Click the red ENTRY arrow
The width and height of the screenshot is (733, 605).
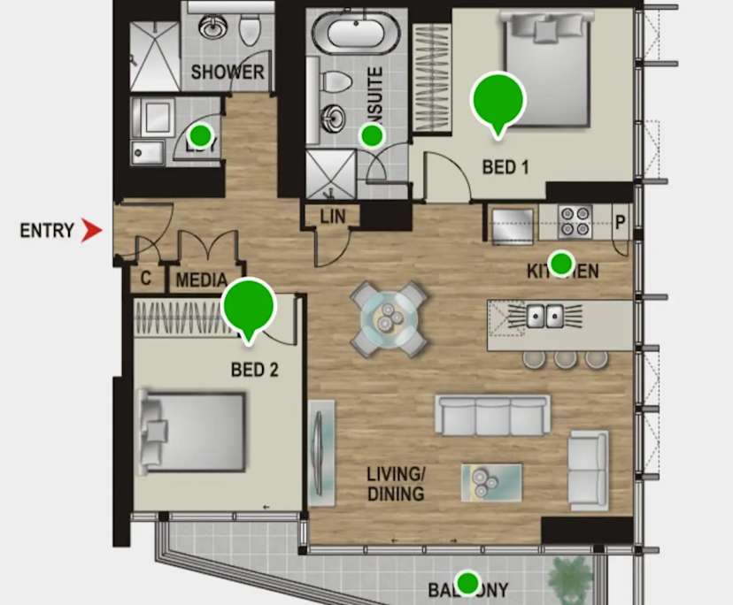[91, 231]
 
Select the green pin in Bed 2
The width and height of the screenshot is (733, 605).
[250, 305]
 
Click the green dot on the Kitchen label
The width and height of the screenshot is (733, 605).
[560, 263]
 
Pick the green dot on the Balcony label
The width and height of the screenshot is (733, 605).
[467, 583]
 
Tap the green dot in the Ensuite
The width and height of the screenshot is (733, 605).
[372, 135]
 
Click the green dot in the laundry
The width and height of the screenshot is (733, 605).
[201, 135]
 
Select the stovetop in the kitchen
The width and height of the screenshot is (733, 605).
[575, 221]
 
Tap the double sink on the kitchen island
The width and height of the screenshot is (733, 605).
[544, 314]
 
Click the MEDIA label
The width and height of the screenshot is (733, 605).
[202, 281]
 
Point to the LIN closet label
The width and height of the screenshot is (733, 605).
[333, 216]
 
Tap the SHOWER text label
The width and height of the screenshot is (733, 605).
[228, 73]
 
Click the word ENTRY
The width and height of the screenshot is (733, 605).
[47, 231]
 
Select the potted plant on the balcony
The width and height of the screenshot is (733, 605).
[571, 579]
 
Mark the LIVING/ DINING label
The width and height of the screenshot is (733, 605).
[396, 483]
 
